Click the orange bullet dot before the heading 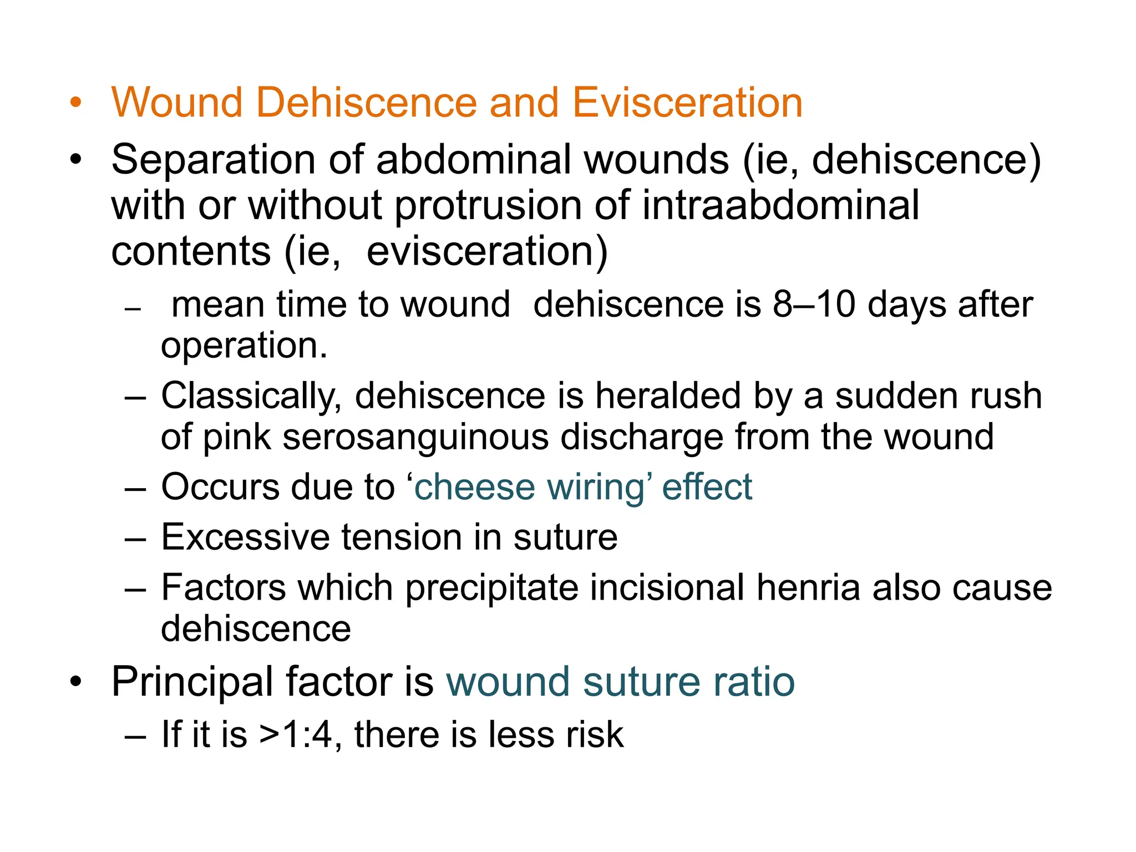(x=75, y=103)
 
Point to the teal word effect (x=707, y=487)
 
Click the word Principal (x=192, y=683)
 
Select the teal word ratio (x=754, y=682)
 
